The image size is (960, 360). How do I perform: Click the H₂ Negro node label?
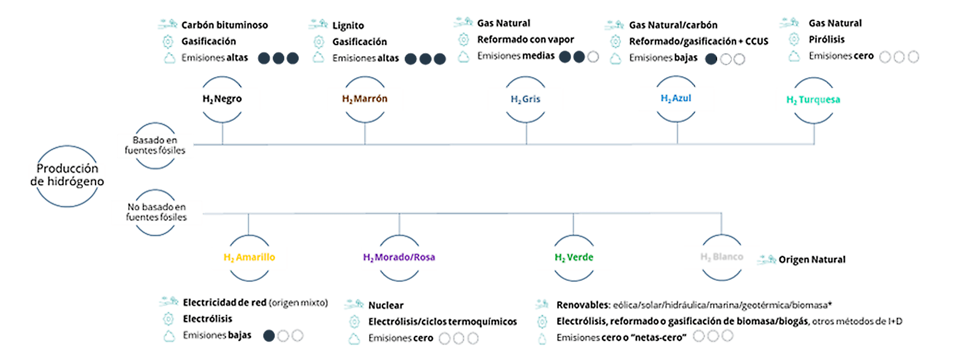(222, 99)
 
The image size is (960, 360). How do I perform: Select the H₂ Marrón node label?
(364, 99)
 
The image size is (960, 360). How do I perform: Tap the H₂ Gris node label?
(525, 99)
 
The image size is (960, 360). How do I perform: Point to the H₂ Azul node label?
(676, 98)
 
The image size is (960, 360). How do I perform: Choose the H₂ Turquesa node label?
(813, 100)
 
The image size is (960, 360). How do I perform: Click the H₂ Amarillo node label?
(249, 257)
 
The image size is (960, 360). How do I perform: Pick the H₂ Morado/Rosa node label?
(399, 257)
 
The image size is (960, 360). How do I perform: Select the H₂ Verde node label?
(574, 257)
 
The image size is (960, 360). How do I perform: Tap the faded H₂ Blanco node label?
(721, 257)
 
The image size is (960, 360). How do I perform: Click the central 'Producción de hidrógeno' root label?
(67, 175)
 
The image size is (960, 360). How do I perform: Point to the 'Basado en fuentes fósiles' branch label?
(155, 145)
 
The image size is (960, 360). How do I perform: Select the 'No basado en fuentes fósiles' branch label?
(156, 212)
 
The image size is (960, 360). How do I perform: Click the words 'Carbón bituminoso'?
(224, 25)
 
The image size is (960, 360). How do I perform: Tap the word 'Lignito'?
(348, 25)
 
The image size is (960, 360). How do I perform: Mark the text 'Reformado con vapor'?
(525, 39)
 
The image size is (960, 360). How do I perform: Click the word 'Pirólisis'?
(826, 39)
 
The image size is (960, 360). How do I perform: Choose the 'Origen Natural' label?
(812, 259)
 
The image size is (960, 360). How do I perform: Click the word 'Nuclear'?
(386, 305)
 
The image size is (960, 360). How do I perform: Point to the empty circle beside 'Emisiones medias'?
(593, 57)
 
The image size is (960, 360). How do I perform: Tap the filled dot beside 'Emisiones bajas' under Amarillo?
(269, 336)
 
